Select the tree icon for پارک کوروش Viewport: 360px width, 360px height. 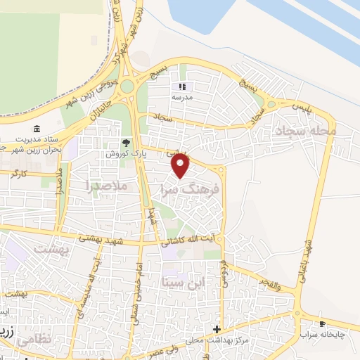pos(127,143)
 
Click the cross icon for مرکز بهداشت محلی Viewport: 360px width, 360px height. pos(217,329)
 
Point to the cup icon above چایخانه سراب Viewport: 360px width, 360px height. pos(322,324)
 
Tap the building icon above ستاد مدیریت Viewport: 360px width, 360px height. pos(37,129)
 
